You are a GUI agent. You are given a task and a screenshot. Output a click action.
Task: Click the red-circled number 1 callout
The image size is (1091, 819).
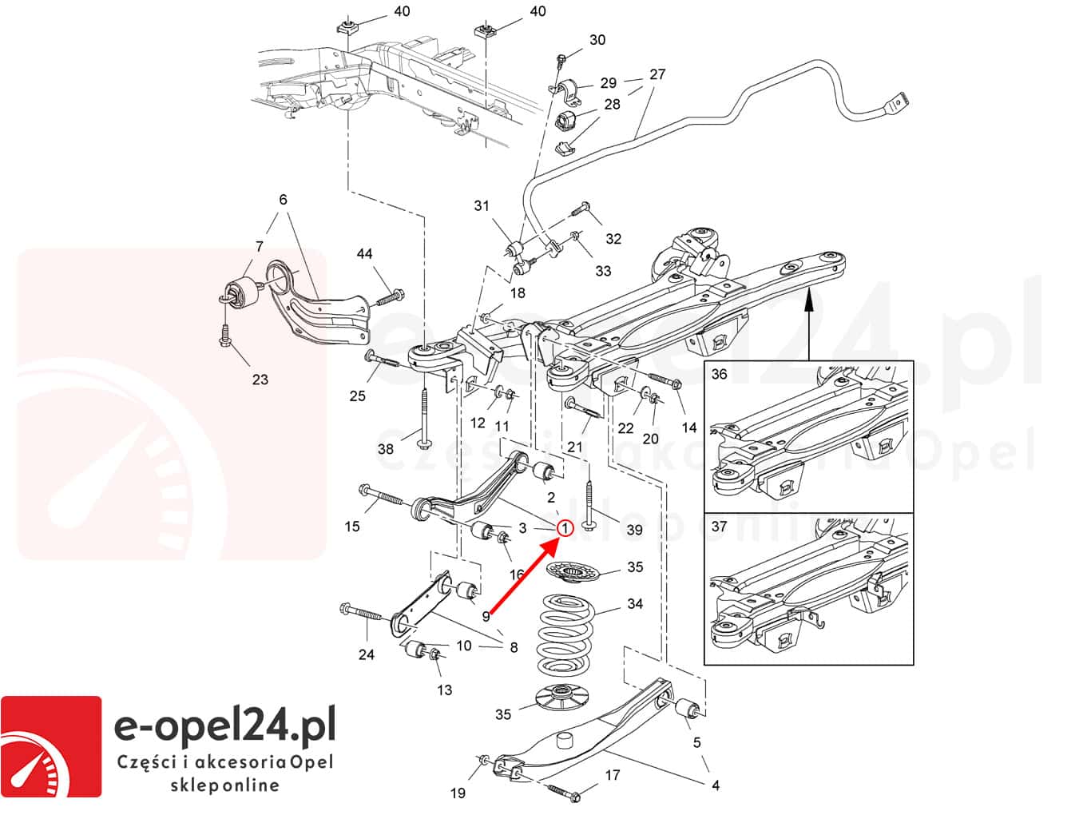click(565, 528)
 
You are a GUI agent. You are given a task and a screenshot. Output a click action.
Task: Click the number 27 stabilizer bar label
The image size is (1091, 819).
click(657, 74)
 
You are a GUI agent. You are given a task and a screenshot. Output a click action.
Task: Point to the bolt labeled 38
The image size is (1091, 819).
click(423, 415)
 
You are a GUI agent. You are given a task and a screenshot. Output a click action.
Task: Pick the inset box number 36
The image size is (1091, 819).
click(720, 374)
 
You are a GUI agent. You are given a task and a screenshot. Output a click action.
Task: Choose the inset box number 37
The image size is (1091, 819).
click(720, 526)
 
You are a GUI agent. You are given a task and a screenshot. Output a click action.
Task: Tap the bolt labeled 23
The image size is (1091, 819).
click(226, 336)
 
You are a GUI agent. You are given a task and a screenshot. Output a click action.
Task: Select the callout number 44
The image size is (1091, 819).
click(364, 254)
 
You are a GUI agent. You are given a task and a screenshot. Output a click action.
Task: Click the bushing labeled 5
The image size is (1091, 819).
click(688, 710)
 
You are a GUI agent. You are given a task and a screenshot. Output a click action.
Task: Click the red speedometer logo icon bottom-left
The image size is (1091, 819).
click(51, 746)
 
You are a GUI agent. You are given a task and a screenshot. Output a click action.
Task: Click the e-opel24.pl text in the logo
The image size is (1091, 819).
click(225, 729)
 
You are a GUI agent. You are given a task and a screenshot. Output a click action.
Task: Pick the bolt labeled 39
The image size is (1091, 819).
click(589, 503)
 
